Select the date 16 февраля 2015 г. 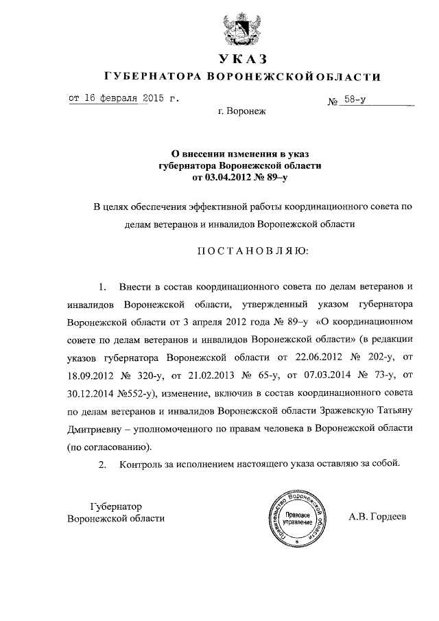[x=125, y=97]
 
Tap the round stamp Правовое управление [x=294, y=519]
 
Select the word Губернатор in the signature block [x=117, y=505]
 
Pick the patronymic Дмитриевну [x=99, y=427]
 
